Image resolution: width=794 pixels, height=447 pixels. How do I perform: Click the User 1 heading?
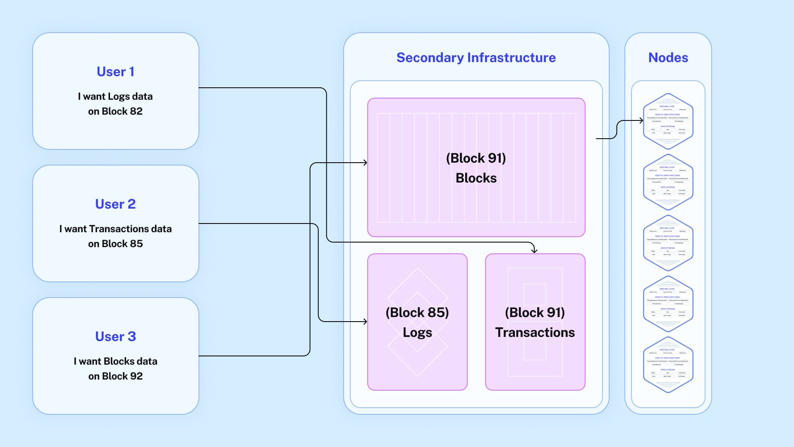tap(115, 72)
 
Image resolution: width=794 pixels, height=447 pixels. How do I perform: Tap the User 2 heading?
tap(115, 204)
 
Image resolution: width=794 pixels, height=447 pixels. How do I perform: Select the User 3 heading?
tap(115, 336)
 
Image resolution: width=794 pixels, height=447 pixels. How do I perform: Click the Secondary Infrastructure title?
tap(476, 58)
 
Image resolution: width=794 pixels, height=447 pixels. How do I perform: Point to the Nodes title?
tap(668, 58)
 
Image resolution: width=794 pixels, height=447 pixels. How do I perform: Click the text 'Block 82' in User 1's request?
tap(122, 111)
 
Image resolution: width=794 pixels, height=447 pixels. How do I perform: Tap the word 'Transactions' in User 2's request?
tap(119, 229)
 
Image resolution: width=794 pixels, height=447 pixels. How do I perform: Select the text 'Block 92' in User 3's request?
tap(122, 376)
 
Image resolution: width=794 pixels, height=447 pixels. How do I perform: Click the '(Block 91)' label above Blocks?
tap(476, 158)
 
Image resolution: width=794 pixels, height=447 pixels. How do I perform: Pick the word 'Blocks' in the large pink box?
tap(476, 178)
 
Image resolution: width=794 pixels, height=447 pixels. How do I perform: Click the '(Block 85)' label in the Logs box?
tap(417, 312)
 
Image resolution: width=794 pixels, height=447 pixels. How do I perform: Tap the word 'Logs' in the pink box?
tap(417, 332)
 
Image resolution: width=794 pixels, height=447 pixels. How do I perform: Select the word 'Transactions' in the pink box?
tap(535, 332)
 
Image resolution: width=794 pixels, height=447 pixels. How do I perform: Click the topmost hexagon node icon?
tap(668, 121)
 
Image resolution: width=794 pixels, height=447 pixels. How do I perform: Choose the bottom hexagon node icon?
tap(668, 365)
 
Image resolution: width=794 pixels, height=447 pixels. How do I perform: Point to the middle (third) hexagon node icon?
tap(668, 243)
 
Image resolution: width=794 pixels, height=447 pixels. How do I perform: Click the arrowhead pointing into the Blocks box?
tap(365, 163)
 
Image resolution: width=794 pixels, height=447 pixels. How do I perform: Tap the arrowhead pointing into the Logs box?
tap(365, 321)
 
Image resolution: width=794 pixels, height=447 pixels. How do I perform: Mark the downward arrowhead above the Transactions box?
tap(534, 250)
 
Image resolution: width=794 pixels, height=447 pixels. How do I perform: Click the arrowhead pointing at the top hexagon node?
tap(641, 120)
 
